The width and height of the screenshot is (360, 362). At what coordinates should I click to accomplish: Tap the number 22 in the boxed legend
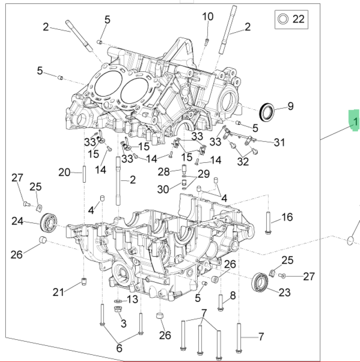click(298, 19)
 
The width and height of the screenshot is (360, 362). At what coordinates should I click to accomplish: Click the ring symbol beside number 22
click(283, 19)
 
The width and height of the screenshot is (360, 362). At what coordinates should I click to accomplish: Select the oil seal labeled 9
click(268, 111)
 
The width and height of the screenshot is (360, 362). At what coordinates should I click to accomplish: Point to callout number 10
click(208, 17)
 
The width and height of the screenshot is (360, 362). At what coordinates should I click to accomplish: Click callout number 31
click(280, 142)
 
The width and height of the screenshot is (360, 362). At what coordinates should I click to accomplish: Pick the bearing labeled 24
click(49, 222)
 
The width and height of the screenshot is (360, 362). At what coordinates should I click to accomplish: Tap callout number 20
click(64, 172)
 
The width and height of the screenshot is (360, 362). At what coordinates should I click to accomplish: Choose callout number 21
click(58, 292)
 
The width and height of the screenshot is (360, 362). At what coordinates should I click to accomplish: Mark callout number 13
click(132, 299)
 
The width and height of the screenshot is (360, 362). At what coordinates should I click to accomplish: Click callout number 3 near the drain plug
click(123, 324)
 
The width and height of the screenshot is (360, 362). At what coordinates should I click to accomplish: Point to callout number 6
click(119, 349)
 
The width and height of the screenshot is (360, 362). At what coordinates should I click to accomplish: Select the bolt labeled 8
click(220, 301)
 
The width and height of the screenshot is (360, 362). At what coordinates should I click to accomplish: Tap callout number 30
click(163, 189)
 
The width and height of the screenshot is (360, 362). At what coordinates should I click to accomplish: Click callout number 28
click(163, 171)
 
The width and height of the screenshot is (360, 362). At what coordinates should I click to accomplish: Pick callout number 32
click(243, 161)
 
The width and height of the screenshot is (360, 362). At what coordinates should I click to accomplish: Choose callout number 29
click(203, 174)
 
